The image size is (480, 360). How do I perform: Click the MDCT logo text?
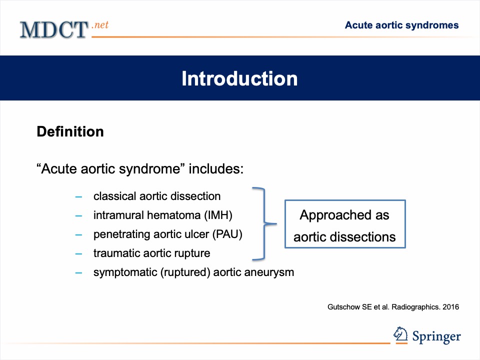coord(54,29)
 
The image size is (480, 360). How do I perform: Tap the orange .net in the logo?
coord(100,25)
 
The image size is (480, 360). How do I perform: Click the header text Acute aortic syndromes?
coord(401,25)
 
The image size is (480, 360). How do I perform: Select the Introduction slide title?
coord(239,78)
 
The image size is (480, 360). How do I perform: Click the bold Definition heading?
coord(70,131)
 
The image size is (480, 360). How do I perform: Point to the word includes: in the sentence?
coord(216,168)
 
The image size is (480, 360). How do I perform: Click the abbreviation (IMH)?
coord(218,215)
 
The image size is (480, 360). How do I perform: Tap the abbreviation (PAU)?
coord(227,234)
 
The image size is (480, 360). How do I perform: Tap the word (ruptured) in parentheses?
coord(185,272)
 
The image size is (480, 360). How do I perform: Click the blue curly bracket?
coord(264,224)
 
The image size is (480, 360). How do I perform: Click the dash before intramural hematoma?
coord(78,216)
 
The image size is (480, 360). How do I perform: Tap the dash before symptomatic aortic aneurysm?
coord(78,273)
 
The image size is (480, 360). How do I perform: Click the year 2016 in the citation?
coord(451,307)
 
